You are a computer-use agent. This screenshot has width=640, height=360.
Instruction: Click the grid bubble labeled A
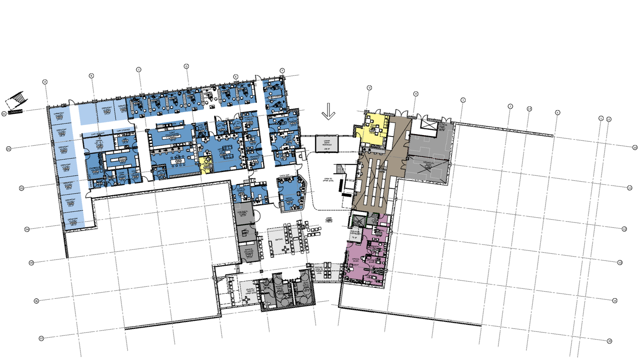point(45,82)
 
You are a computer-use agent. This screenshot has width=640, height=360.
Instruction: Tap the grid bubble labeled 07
point(42,338)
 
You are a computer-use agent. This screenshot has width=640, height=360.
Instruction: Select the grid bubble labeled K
point(557,112)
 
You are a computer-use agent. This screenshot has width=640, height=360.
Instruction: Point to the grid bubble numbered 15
point(609,341)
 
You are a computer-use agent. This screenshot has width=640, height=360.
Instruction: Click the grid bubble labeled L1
point(609,119)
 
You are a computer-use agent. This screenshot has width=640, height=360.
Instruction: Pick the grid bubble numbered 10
point(635,147)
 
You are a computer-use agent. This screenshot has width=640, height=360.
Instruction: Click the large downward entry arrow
point(328,111)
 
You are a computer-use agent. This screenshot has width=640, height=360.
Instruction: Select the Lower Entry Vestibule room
point(327,144)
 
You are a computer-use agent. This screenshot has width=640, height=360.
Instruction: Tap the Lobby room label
point(329,220)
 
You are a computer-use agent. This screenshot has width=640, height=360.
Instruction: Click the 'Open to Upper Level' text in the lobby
point(328,180)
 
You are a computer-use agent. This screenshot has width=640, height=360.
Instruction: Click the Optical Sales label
point(356,260)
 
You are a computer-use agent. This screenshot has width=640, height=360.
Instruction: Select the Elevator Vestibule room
point(355,234)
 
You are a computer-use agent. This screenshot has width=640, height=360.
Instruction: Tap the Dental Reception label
point(290,199)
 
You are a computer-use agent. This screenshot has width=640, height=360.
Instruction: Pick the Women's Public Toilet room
point(280,289)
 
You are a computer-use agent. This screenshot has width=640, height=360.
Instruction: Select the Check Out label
point(284,175)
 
